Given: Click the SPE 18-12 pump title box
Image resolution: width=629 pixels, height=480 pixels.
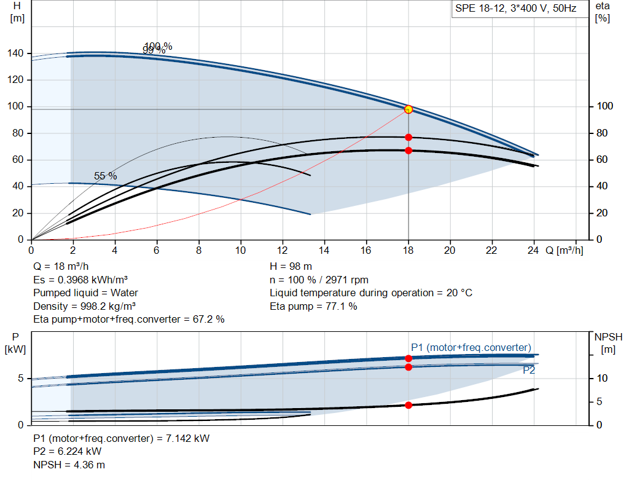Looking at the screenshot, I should pos(515,9).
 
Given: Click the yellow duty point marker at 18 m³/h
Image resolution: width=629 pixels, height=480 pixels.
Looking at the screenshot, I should pos(408,109).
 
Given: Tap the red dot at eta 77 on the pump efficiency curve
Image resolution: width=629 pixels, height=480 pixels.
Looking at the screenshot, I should pos(408,137).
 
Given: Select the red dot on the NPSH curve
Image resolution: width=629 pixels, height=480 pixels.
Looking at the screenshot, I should pos(408,405).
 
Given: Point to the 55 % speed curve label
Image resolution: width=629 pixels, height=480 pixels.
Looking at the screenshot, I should pos(105,176).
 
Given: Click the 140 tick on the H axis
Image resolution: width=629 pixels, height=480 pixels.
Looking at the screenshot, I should pos(17,53).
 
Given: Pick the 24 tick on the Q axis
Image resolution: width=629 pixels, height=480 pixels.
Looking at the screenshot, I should pos(533,250).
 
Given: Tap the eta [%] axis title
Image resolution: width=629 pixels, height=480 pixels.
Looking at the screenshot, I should pos(603,12).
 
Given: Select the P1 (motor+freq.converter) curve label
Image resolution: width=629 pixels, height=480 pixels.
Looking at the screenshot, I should pos(471,347).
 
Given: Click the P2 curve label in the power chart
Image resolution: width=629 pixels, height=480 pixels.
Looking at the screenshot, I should pos(529,370).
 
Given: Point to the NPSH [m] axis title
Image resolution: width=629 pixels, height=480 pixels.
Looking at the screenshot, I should pos(608,343).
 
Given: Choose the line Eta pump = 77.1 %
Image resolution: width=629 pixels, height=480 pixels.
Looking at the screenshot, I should pos(313,306).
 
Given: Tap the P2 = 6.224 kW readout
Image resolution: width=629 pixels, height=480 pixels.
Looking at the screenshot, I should pos(67,452).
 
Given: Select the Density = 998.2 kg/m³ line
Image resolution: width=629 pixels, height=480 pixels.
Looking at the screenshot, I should pos(84,306).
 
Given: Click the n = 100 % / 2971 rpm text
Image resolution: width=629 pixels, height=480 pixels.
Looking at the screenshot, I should pos(319,280).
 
